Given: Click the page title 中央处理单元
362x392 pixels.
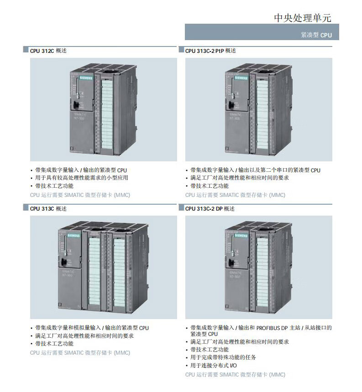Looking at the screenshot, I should tap(302, 18).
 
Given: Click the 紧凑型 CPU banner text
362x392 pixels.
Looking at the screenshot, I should tap(316, 35).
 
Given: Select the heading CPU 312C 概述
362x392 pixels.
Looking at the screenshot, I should tap(48, 51).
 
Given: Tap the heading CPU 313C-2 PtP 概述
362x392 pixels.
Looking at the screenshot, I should tap(210, 51).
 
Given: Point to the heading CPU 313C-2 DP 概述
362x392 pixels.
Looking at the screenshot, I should tap(210, 208).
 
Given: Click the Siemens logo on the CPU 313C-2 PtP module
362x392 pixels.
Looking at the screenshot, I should tap(241, 78).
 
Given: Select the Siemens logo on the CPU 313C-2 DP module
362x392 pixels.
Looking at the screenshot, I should tap(241, 236).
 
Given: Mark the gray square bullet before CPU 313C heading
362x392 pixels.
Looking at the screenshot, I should tap(26, 208).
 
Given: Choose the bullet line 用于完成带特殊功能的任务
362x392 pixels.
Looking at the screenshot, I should tap(223, 357).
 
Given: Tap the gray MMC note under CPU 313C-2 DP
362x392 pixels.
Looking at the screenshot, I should tap(235, 375).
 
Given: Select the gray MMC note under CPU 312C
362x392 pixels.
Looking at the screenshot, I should tap(80, 195).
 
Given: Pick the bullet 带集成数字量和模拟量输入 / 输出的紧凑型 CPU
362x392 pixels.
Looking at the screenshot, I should tap(92, 328).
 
